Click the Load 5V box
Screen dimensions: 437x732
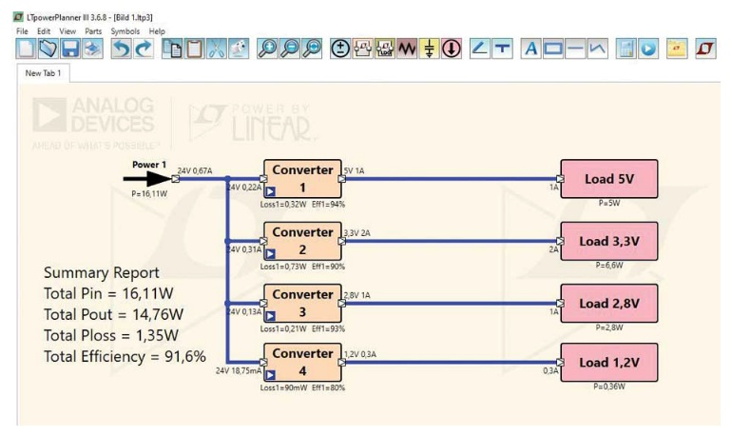click(608, 178)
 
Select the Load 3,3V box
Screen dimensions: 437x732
click(608, 240)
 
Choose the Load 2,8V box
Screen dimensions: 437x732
click(608, 302)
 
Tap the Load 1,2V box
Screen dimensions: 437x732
click(608, 363)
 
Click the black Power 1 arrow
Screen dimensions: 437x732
click(145, 177)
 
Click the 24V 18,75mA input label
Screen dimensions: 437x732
click(238, 370)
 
